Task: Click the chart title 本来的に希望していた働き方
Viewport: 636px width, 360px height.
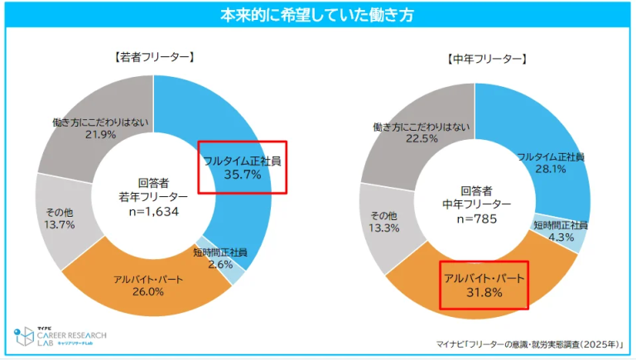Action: click(x=317, y=15)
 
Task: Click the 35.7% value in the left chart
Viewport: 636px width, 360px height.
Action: click(x=243, y=175)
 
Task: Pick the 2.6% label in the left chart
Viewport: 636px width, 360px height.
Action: click(x=219, y=265)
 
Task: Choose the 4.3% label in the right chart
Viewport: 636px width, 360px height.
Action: click(x=561, y=238)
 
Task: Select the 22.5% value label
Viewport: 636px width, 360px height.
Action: click(x=424, y=139)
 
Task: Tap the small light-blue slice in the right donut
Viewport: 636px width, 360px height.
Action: click(x=579, y=237)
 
